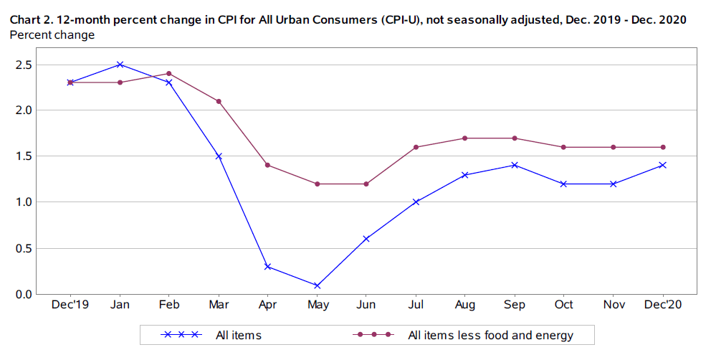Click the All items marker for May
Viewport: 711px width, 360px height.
(318, 285)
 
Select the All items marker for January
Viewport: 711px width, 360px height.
(120, 65)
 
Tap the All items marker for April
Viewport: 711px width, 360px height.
(268, 267)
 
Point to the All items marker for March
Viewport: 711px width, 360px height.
(219, 156)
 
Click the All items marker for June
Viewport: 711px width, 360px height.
(366, 239)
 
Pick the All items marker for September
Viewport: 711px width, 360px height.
(514, 165)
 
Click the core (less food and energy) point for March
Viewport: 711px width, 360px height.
(219, 101)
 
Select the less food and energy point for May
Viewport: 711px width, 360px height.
(318, 184)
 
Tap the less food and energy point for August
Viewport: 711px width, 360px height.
(465, 138)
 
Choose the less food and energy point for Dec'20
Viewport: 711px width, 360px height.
(663, 147)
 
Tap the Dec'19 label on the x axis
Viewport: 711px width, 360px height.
(71, 305)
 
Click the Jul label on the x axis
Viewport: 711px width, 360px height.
(416, 305)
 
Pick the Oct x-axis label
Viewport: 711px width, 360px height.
(563, 305)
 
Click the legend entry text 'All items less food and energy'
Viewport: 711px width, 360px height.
(490, 334)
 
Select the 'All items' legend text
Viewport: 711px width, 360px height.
(238, 334)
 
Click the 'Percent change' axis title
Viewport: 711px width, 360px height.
(52, 35)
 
